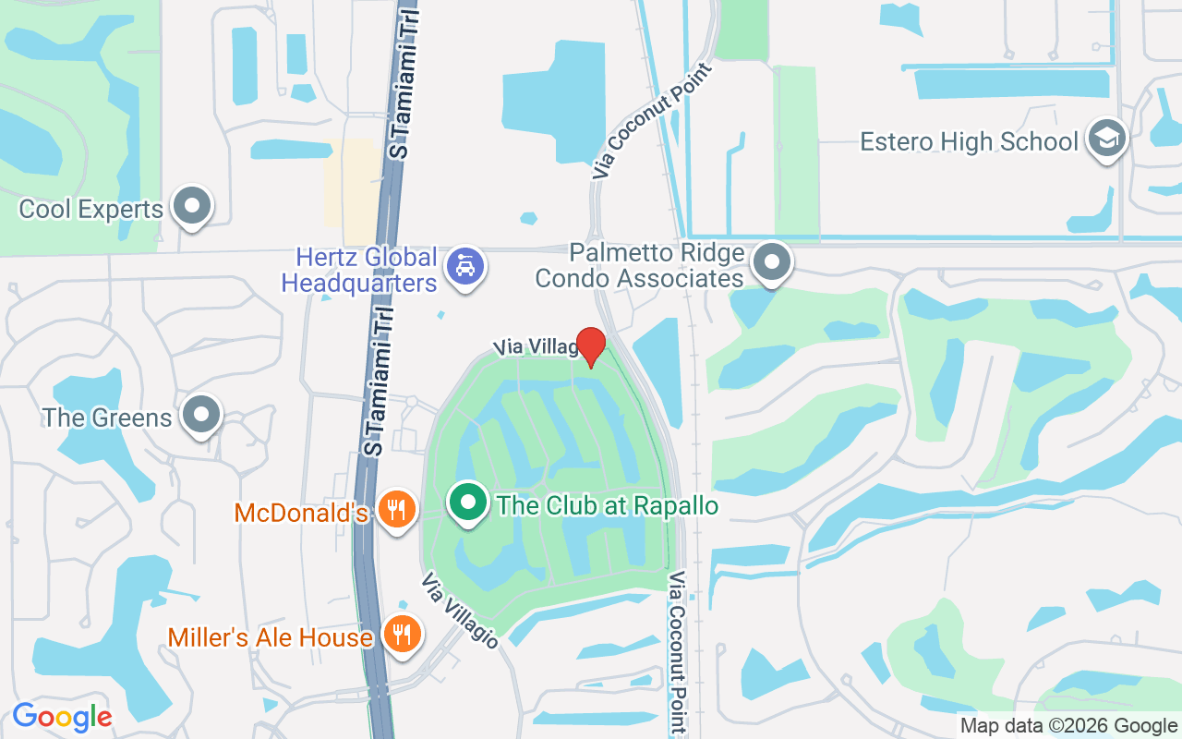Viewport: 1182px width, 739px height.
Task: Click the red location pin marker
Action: point(590,345)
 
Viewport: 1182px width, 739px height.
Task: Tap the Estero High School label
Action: point(969,141)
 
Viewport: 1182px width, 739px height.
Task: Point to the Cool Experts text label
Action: point(91,209)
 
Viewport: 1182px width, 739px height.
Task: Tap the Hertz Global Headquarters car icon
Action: point(465,267)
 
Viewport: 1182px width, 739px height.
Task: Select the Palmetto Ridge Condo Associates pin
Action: point(772,262)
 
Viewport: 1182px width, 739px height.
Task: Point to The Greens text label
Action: point(107,418)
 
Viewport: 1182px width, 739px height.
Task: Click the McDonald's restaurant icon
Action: point(397,510)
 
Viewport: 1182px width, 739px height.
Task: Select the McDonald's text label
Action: point(302,513)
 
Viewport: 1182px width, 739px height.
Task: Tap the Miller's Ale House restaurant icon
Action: point(403,635)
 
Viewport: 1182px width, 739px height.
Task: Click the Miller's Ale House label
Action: point(270,636)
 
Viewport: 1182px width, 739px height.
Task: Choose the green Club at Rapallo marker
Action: point(468,503)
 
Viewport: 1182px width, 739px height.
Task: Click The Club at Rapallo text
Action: point(607,505)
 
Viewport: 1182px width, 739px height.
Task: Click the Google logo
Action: point(62,717)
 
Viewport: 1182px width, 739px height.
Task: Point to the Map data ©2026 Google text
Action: point(1068,726)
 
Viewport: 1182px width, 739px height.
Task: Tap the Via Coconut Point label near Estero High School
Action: point(653,121)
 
